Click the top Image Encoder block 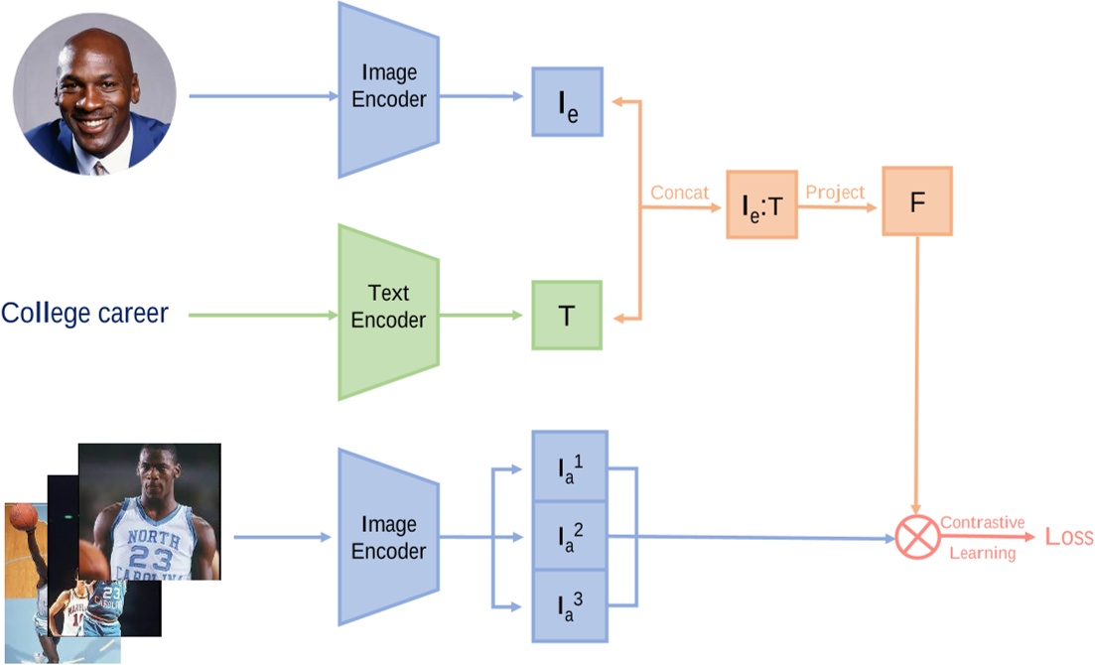pyautogui.click(x=388, y=89)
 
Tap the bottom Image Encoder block pyautogui.click(x=388, y=537)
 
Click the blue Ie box pyautogui.click(x=567, y=101)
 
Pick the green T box pyautogui.click(x=567, y=316)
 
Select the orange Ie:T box pyautogui.click(x=761, y=203)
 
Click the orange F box pyautogui.click(x=916, y=200)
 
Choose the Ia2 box pyautogui.click(x=570, y=536)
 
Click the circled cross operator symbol pyautogui.click(x=916, y=537)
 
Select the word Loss pyautogui.click(x=1068, y=537)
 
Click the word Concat pyautogui.click(x=679, y=194)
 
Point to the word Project pyautogui.click(x=835, y=193)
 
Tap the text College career pyautogui.click(x=84, y=314)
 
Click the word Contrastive pyautogui.click(x=982, y=522)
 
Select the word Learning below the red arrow pyautogui.click(x=982, y=553)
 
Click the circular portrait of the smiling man pyautogui.click(x=94, y=95)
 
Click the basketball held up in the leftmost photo pyautogui.click(x=23, y=516)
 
